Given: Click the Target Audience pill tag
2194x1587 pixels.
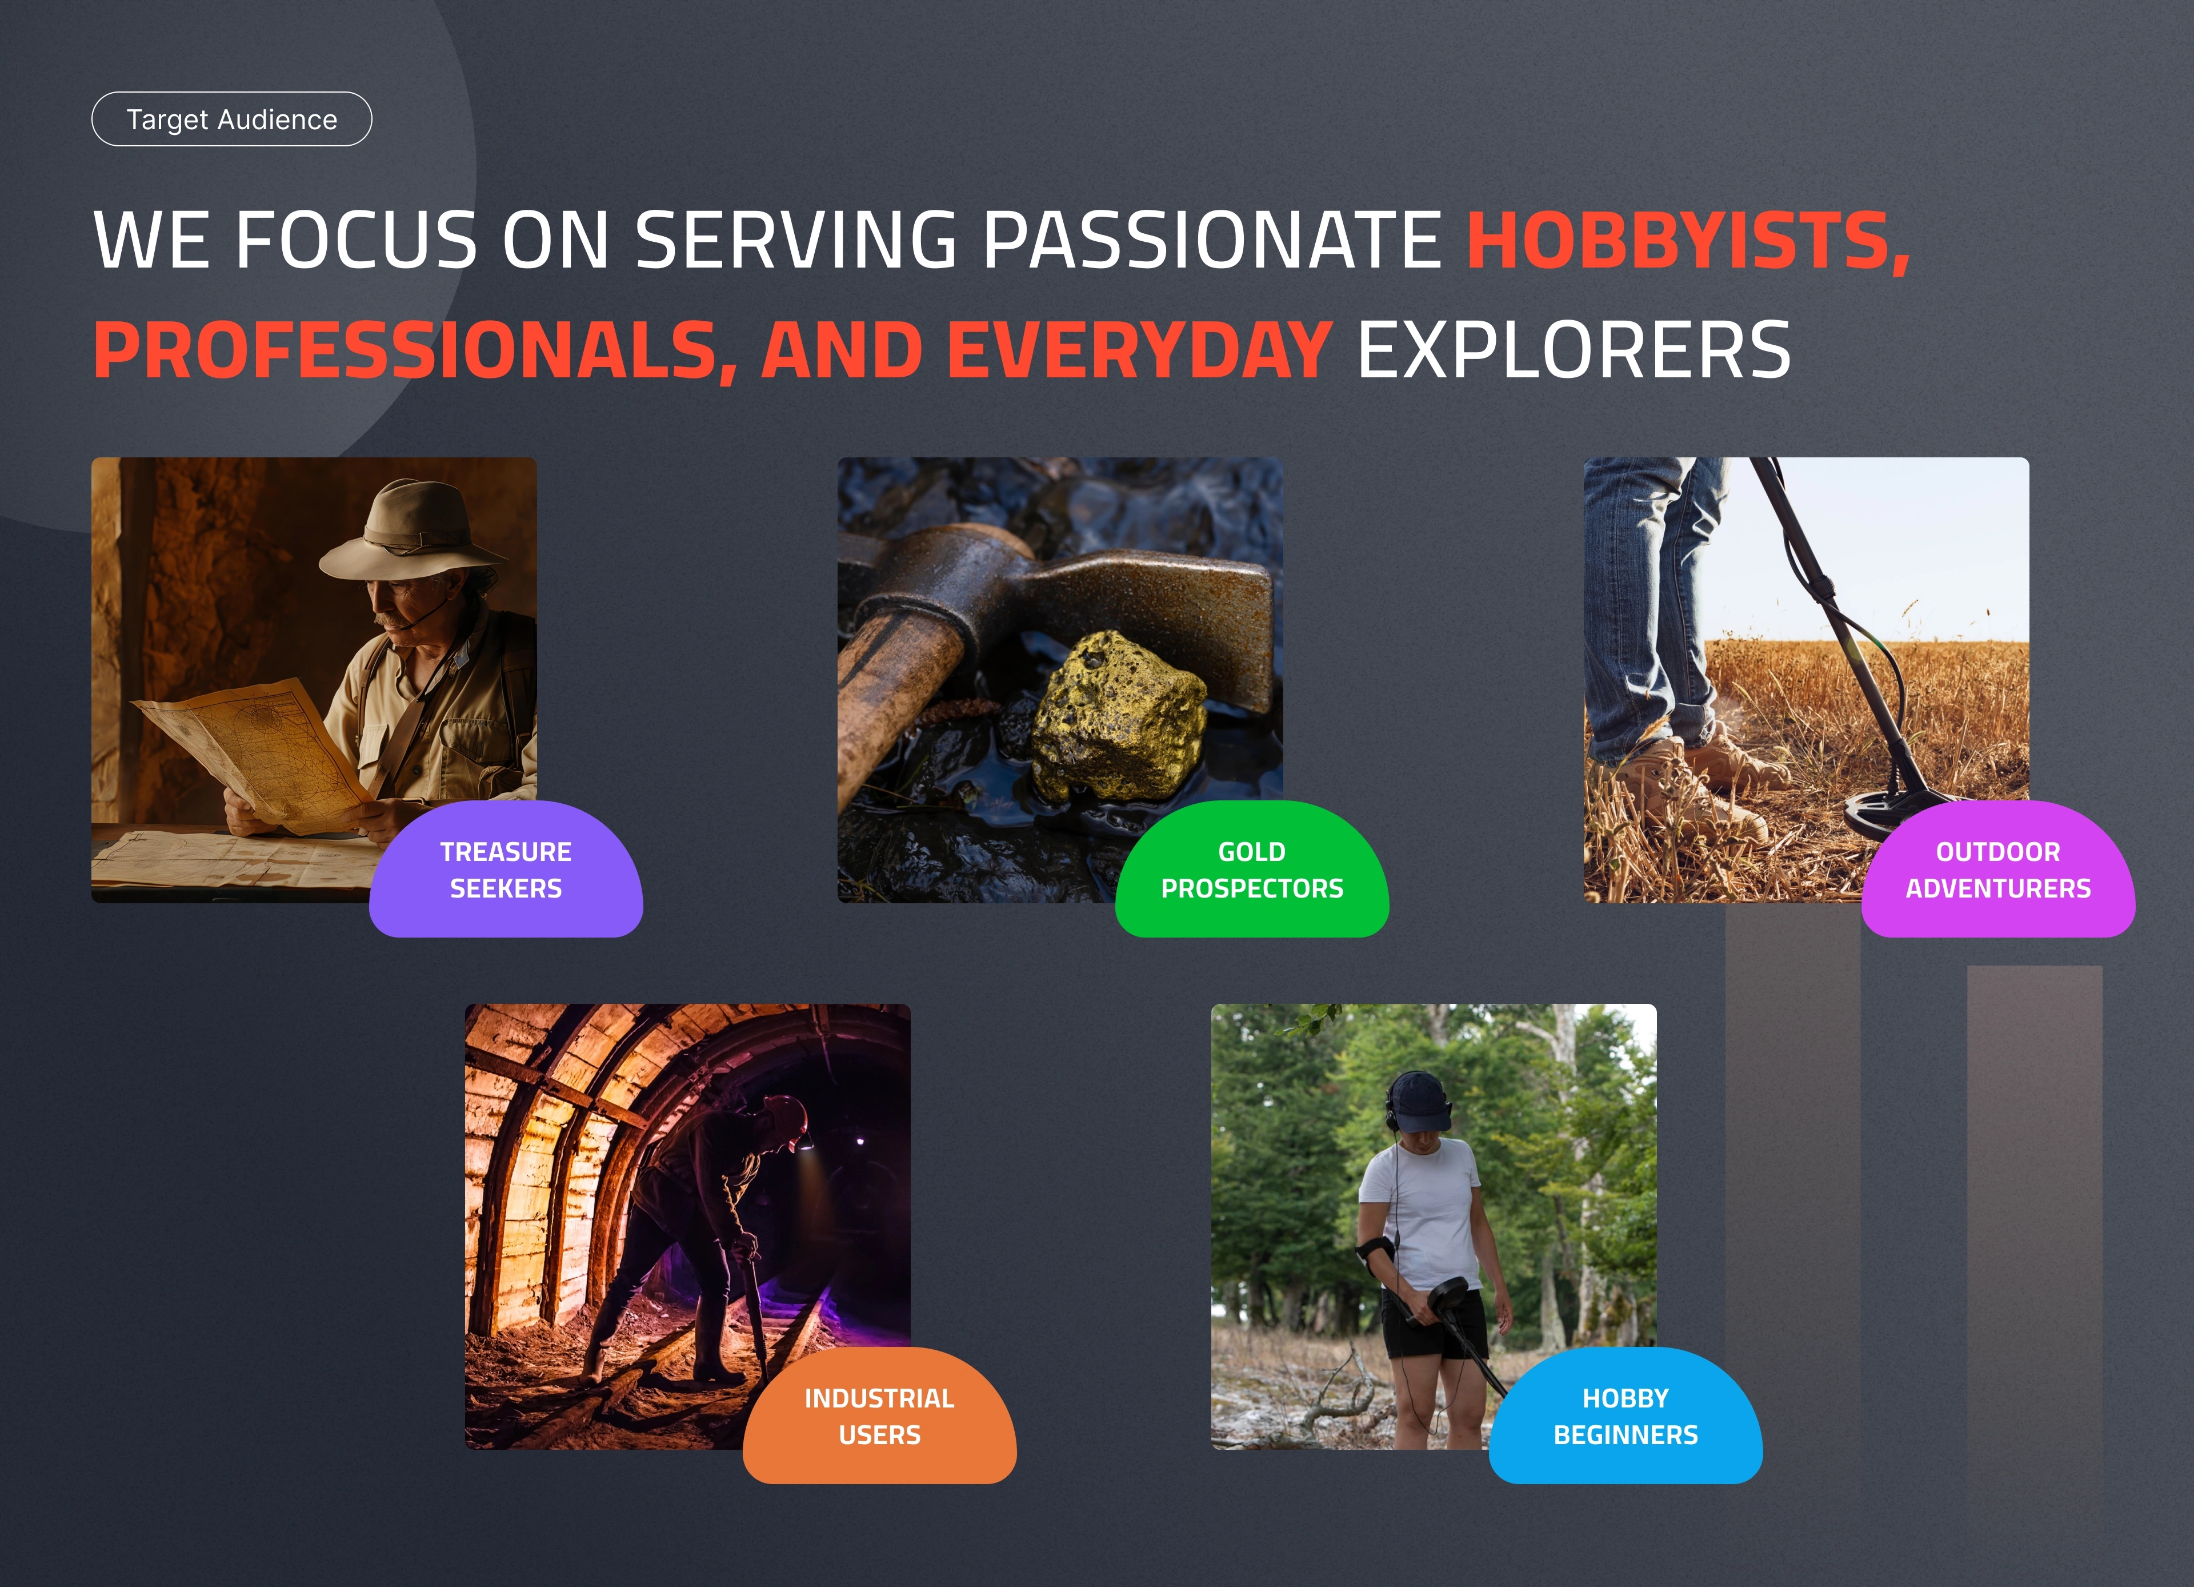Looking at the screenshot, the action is pyautogui.click(x=231, y=119).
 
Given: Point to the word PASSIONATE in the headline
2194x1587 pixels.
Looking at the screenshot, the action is pyautogui.click(x=1212, y=240).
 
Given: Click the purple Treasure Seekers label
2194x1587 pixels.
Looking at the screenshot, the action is pyautogui.click(x=506, y=869).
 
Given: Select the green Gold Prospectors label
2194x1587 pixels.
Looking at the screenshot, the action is pyautogui.click(x=1252, y=869).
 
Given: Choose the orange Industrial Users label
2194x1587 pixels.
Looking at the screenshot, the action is pyautogui.click(x=879, y=1415).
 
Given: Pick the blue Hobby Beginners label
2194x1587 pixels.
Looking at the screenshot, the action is pyautogui.click(x=1625, y=1415).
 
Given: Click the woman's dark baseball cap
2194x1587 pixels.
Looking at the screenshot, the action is pyautogui.click(x=1420, y=1103).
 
